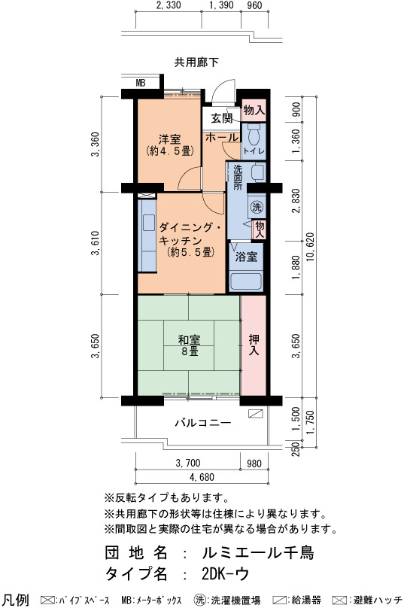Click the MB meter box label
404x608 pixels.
click(x=141, y=83)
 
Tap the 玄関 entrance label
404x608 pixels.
click(x=222, y=118)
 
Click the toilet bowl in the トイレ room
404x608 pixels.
click(x=254, y=135)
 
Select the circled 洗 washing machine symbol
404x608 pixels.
click(x=257, y=207)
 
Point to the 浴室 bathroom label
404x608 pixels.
click(x=246, y=257)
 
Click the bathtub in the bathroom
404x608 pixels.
click(x=246, y=282)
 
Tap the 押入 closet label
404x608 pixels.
click(x=254, y=345)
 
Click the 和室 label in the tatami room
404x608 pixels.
click(x=189, y=340)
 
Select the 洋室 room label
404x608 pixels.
click(x=169, y=139)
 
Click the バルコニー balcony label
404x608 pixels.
click(x=203, y=422)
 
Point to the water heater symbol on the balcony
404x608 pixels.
click(x=256, y=413)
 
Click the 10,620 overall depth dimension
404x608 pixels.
click(x=311, y=247)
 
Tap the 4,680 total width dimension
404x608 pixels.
click(x=202, y=477)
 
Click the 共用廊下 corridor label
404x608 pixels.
click(x=196, y=62)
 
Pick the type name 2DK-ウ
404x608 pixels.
click(x=225, y=574)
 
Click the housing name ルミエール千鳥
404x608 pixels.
click(x=258, y=552)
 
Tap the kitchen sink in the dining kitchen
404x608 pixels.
click(x=149, y=223)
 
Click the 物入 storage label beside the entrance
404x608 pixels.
click(x=254, y=110)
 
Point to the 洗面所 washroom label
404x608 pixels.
click(x=238, y=178)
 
